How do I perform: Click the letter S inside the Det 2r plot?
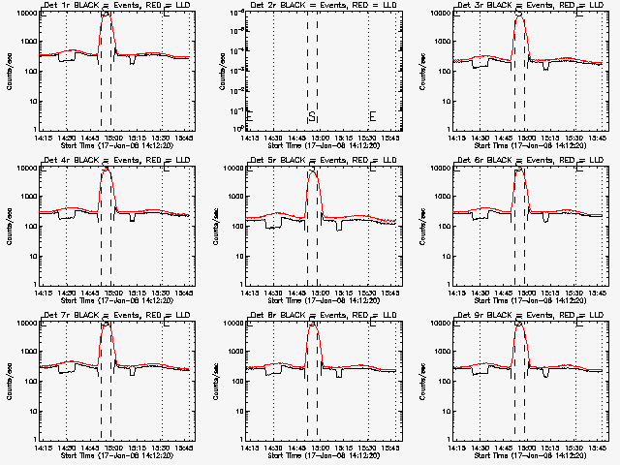pyautogui.click(x=312, y=117)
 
